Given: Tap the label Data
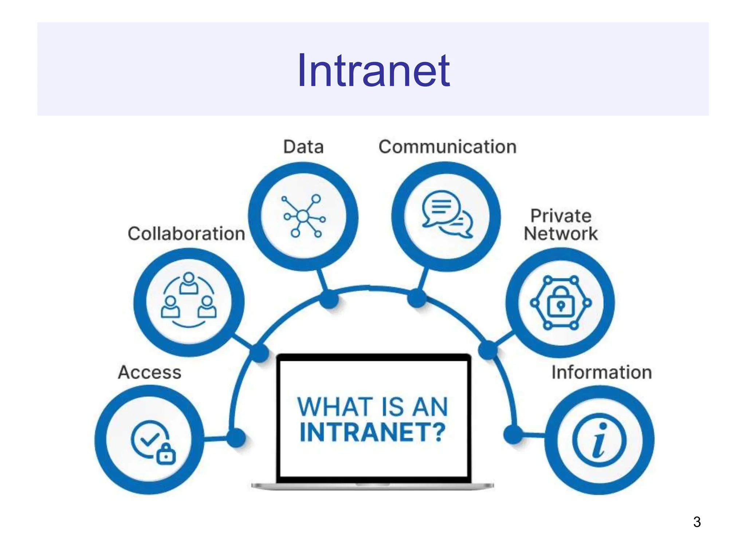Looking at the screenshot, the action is pyautogui.click(x=303, y=147).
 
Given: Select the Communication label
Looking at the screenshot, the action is pyautogui.click(x=447, y=147).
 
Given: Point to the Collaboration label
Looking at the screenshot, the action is pyautogui.click(x=186, y=234).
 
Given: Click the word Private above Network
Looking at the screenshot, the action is pyautogui.click(x=561, y=216).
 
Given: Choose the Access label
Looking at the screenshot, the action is pyautogui.click(x=149, y=372).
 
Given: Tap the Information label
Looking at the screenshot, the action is pyautogui.click(x=601, y=372).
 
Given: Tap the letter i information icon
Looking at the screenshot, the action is pyautogui.click(x=599, y=440).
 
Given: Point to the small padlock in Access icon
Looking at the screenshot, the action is pyautogui.click(x=166, y=455).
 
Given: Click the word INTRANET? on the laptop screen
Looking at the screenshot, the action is pyautogui.click(x=373, y=432).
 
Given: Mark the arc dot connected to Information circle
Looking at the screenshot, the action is pyautogui.click(x=513, y=434).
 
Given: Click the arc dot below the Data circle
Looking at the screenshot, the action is pyautogui.click(x=330, y=299).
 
